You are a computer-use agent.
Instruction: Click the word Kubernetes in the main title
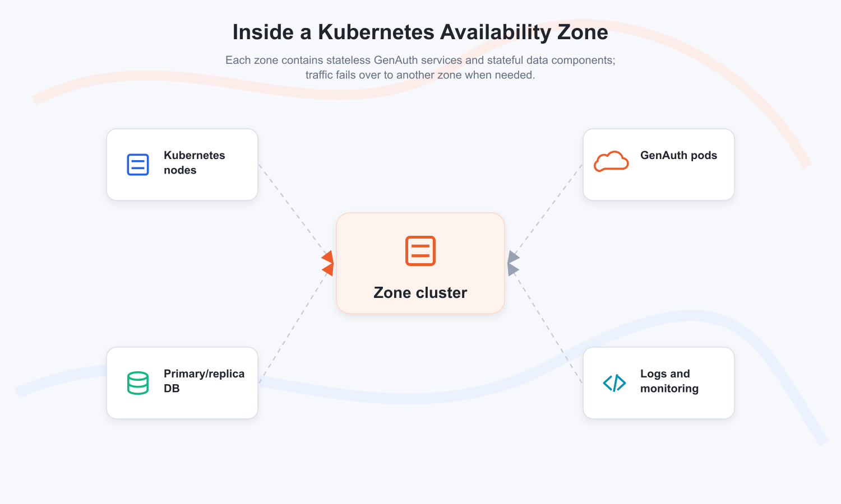[x=376, y=32]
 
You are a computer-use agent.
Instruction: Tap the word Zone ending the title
[x=583, y=32]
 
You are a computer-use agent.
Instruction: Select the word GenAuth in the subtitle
[x=394, y=60]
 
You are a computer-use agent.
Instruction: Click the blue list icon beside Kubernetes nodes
[x=138, y=164]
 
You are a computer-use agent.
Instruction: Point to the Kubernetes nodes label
[x=194, y=162]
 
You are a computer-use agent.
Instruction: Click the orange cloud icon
[x=611, y=162]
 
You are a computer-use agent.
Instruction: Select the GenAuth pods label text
[x=678, y=155]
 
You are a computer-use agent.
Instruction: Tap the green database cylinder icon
[x=138, y=383]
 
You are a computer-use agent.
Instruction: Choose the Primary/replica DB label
[x=204, y=381]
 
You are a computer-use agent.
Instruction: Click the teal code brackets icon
[x=614, y=383]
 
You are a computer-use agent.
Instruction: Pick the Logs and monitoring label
[x=669, y=381]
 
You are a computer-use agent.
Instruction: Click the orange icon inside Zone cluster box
[x=420, y=251]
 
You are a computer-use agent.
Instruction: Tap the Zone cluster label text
[x=420, y=293]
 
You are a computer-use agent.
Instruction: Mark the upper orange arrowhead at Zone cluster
[x=328, y=257]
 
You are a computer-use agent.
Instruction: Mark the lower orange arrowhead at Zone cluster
[x=329, y=269]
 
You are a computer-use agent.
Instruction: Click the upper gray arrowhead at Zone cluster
[x=513, y=257]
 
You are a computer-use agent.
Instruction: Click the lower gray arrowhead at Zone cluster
[x=513, y=269]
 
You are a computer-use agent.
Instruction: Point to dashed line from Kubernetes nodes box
[x=293, y=211]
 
